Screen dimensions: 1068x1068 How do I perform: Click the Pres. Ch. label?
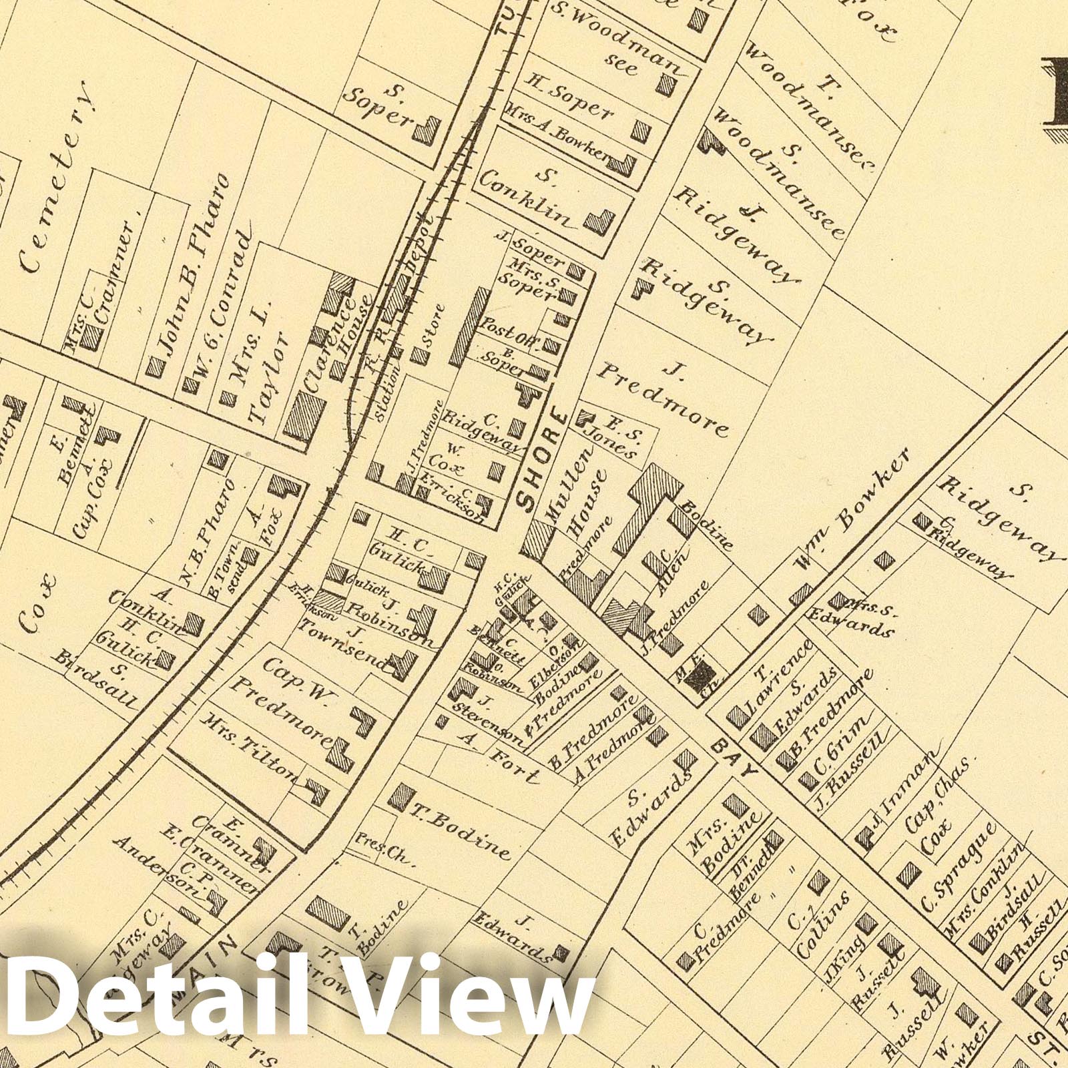[x=381, y=847]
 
